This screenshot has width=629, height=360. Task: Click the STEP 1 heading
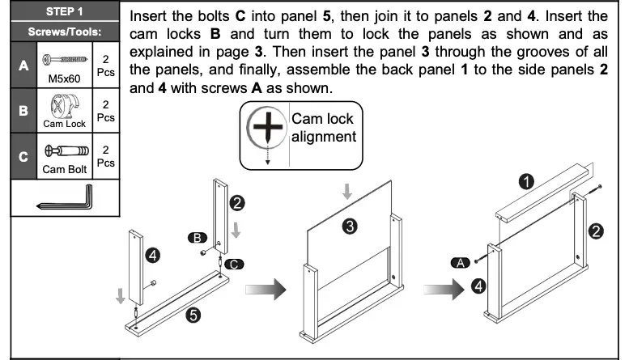point(64,14)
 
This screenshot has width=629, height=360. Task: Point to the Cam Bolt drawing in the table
point(64,152)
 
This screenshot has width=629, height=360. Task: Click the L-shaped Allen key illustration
point(64,197)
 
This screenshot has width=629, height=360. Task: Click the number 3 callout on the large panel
point(349,227)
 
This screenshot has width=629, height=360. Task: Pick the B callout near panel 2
point(197,237)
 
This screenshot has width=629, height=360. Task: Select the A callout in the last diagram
point(461,262)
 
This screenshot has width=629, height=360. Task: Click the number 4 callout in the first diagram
point(151,256)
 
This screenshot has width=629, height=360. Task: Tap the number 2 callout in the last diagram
point(596,232)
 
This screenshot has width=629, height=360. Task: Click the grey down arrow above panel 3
point(346,191)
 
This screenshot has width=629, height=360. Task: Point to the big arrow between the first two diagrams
point(267,288)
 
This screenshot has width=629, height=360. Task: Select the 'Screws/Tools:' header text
point(64,33)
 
